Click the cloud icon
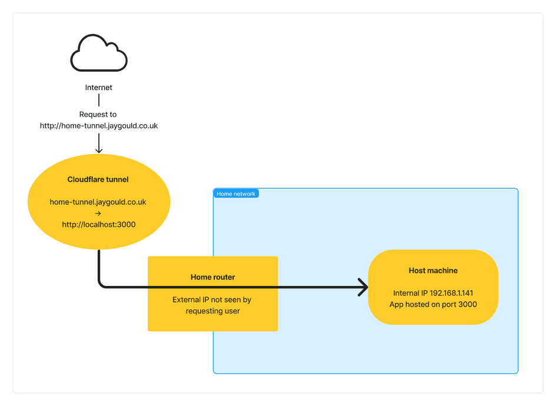pos(99,54)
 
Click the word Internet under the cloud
pos(99,88)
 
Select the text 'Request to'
pos(98,115)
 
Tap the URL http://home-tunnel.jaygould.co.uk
pos(99,126)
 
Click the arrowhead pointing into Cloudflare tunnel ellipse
pos(99,149)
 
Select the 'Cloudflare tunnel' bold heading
pos(98,179)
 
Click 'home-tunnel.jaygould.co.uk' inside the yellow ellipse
pos(98,202)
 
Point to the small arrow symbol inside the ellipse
pos(98,214)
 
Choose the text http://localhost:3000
pos(99,225)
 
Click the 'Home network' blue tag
pos(236,194)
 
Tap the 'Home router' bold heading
pos(212,277)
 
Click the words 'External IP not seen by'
pos(212,300)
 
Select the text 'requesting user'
pos(212,311)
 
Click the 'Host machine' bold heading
pos(433,271)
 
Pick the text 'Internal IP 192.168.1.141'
pos(433,293)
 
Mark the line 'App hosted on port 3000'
pos(433,304)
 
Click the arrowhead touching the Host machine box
pos(363,287)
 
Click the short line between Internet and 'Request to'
pos(99,101)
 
